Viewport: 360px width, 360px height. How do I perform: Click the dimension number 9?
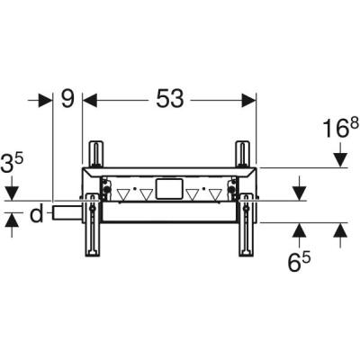67,100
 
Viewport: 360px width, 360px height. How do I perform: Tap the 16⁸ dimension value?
339,130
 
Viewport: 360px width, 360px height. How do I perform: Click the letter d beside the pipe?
35,213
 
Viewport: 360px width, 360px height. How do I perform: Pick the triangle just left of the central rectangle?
146,193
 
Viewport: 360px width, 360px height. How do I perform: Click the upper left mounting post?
96,152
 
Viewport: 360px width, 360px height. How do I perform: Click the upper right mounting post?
241,152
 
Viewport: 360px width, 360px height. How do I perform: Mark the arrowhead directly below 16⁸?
339,159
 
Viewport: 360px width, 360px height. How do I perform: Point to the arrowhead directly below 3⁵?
11,193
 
